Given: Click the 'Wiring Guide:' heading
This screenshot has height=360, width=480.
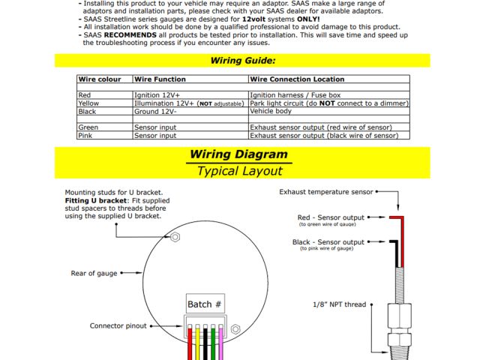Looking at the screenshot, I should point(242,60).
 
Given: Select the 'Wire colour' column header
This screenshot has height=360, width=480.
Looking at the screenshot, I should point(99,79).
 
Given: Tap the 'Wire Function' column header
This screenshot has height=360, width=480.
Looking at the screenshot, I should point(160,79).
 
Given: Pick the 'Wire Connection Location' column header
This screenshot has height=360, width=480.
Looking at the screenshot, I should point(298,79).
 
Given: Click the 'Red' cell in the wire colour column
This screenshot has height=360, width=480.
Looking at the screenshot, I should point(85,95).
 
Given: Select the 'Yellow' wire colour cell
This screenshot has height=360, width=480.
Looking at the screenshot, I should point(88,103).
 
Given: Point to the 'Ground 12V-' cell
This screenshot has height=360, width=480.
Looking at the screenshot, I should point(157,112).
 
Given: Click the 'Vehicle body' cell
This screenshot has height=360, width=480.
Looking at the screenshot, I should point(271,112).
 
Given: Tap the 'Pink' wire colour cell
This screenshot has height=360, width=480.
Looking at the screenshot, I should point(85,136).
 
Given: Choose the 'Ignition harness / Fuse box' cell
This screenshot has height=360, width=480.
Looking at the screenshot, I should point(295,95).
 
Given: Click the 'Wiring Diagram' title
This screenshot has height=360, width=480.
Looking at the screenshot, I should point(238,155).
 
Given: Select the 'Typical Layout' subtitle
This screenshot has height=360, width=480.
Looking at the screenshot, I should point(239,171).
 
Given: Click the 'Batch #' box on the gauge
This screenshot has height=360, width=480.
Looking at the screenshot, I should point(205,304).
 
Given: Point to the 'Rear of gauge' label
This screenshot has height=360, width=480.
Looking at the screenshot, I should point(94,274).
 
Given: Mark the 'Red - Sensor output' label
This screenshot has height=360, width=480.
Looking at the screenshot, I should point(331,217).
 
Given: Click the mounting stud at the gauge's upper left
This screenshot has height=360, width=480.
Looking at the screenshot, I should point(175,237).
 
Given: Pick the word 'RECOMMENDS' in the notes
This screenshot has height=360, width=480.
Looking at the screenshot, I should point(130,34).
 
